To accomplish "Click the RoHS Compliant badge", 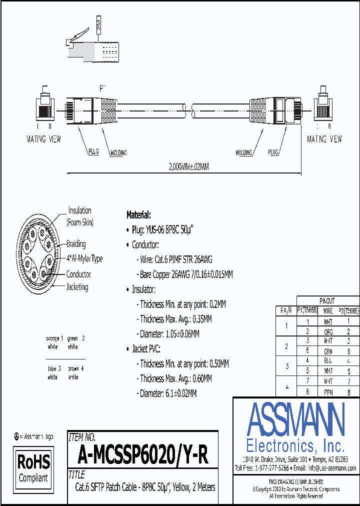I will tap(33, 468).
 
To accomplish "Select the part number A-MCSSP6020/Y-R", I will tap(142, 455).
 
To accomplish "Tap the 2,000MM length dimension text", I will tap(184, 167).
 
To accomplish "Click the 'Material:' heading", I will tap(138, 215).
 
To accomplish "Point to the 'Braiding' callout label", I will tap(76, 244).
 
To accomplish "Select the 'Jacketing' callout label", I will tap(77, 287).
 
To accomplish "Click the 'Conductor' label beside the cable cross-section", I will tap(78, 274).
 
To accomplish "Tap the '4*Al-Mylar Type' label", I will tap(84, 258).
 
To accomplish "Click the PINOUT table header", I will tap(327, 301).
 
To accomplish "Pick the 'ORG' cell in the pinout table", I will tap(327, 331).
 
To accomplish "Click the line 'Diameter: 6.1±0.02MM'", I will tap(168, 393).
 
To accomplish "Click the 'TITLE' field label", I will tap(76, 474).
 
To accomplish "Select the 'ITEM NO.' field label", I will tap(81, 436).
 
